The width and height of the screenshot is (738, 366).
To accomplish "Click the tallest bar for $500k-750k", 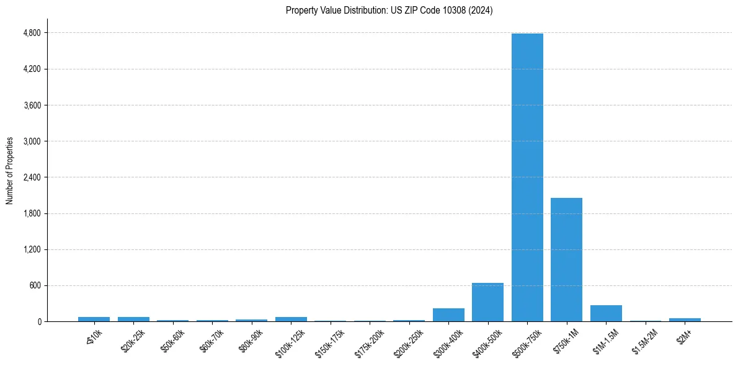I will (x=527, y=177).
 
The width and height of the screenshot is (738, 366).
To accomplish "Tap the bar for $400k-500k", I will (x=487, y=302).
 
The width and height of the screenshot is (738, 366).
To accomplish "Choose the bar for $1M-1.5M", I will (x=606, y=313).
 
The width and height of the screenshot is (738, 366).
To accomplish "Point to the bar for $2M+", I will (x=685, y=319).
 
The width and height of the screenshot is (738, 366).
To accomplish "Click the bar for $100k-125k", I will (x=291, y=319).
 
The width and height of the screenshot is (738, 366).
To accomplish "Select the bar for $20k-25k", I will (x=133, y=319).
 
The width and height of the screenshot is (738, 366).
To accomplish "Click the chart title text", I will (x=389, y=11).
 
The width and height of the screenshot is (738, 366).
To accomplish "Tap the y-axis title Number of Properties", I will (x=10, y=171).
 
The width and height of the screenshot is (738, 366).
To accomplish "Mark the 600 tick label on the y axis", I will (x=35, y=286).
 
